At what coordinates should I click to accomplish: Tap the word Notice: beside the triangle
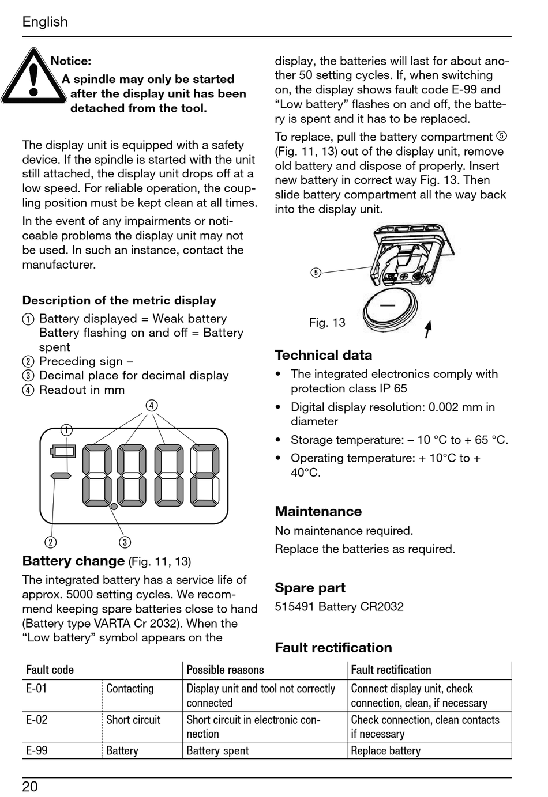point(70,61)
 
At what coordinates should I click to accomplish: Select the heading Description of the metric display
point(119,300)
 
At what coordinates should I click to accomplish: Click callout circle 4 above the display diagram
point(151,406)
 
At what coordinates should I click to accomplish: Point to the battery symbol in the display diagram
point(63,450)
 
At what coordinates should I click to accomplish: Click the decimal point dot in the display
point(114,506)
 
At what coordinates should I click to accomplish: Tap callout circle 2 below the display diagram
point(51,542)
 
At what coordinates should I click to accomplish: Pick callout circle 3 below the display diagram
point(125,542)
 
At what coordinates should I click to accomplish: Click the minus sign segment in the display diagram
point(61,475)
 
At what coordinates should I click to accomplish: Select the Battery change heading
point(73,561)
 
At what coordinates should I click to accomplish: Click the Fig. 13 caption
point(327,323)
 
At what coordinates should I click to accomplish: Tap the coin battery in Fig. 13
point(390,310)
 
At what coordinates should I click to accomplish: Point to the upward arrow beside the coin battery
point(428,328)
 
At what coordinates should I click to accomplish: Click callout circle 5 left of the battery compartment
point(316,273)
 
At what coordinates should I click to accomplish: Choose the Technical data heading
point(323,355)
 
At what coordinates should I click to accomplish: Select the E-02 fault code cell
point(37,720)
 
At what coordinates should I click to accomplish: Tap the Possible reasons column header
point(225,670)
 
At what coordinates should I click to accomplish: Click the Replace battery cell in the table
point(385,750)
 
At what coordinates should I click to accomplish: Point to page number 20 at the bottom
point(30,787)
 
